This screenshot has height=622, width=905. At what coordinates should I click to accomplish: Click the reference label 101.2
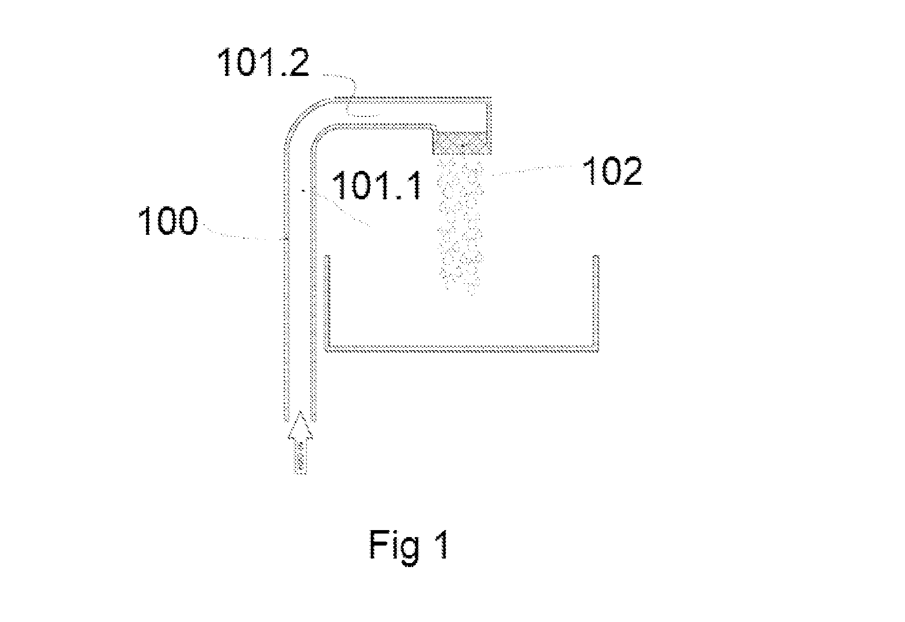[264, 63]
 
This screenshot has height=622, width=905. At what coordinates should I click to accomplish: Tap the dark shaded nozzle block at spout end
[462, 142]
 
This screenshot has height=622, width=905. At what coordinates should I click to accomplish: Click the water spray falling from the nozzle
[461, 225]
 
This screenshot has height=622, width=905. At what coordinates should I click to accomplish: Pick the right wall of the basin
[596, 302]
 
